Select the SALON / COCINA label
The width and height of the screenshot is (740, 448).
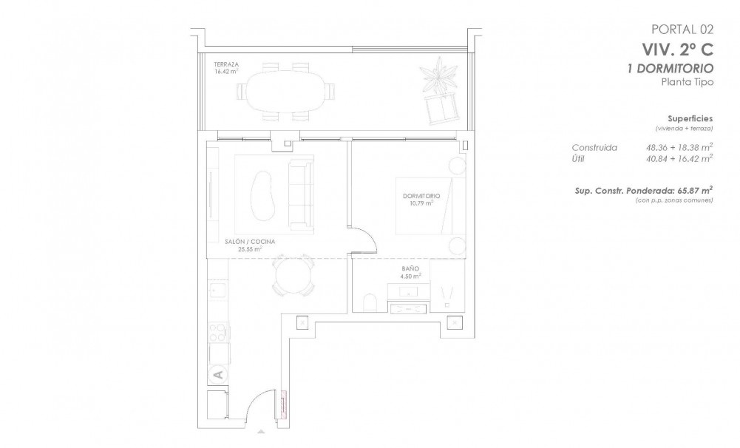pos(246,242)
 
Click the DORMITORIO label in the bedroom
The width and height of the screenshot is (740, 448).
pos(422,195)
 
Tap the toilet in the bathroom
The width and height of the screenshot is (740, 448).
pos(370,301)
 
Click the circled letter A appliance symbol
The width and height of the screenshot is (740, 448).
pos(218,375)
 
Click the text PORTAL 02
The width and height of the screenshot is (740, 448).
pos(682,30)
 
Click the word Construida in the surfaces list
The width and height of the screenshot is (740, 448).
pos(594,146)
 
